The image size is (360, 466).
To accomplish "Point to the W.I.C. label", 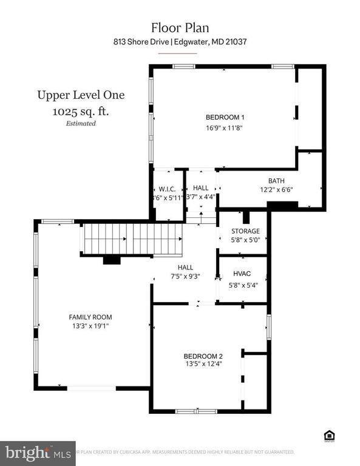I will (168, 189).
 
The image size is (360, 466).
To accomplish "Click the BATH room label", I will (276, 181).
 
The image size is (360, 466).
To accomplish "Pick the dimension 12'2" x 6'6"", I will (276, 189).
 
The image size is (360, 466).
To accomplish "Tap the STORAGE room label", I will (245, 231).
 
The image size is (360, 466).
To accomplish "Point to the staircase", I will (132, 238).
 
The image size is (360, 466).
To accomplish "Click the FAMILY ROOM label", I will (90, 317).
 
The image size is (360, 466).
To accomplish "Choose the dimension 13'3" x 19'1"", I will (90, 326).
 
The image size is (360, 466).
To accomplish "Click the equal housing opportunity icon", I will (330, 434).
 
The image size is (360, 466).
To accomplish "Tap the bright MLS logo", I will (38, 452).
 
